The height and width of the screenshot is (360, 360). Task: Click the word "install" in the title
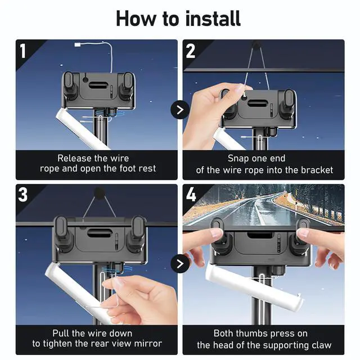point(213,19)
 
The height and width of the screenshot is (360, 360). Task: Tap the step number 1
point(22,51)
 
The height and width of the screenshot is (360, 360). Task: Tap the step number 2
point(190,51)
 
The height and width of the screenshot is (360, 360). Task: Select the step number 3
point(23,195)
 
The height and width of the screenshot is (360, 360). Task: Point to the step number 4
point(191,195)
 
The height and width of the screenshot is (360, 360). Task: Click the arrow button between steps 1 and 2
point(180,110)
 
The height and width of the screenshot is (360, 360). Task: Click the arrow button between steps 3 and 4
point(180,264)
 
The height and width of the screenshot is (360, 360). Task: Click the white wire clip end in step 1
point(78,45)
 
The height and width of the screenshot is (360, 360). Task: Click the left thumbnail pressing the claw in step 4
point(216,232)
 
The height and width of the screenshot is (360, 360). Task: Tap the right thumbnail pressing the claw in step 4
point(303,233)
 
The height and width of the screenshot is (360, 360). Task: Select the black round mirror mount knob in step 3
point(99,191)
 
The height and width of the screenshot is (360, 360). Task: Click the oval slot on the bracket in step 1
point(97,85)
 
